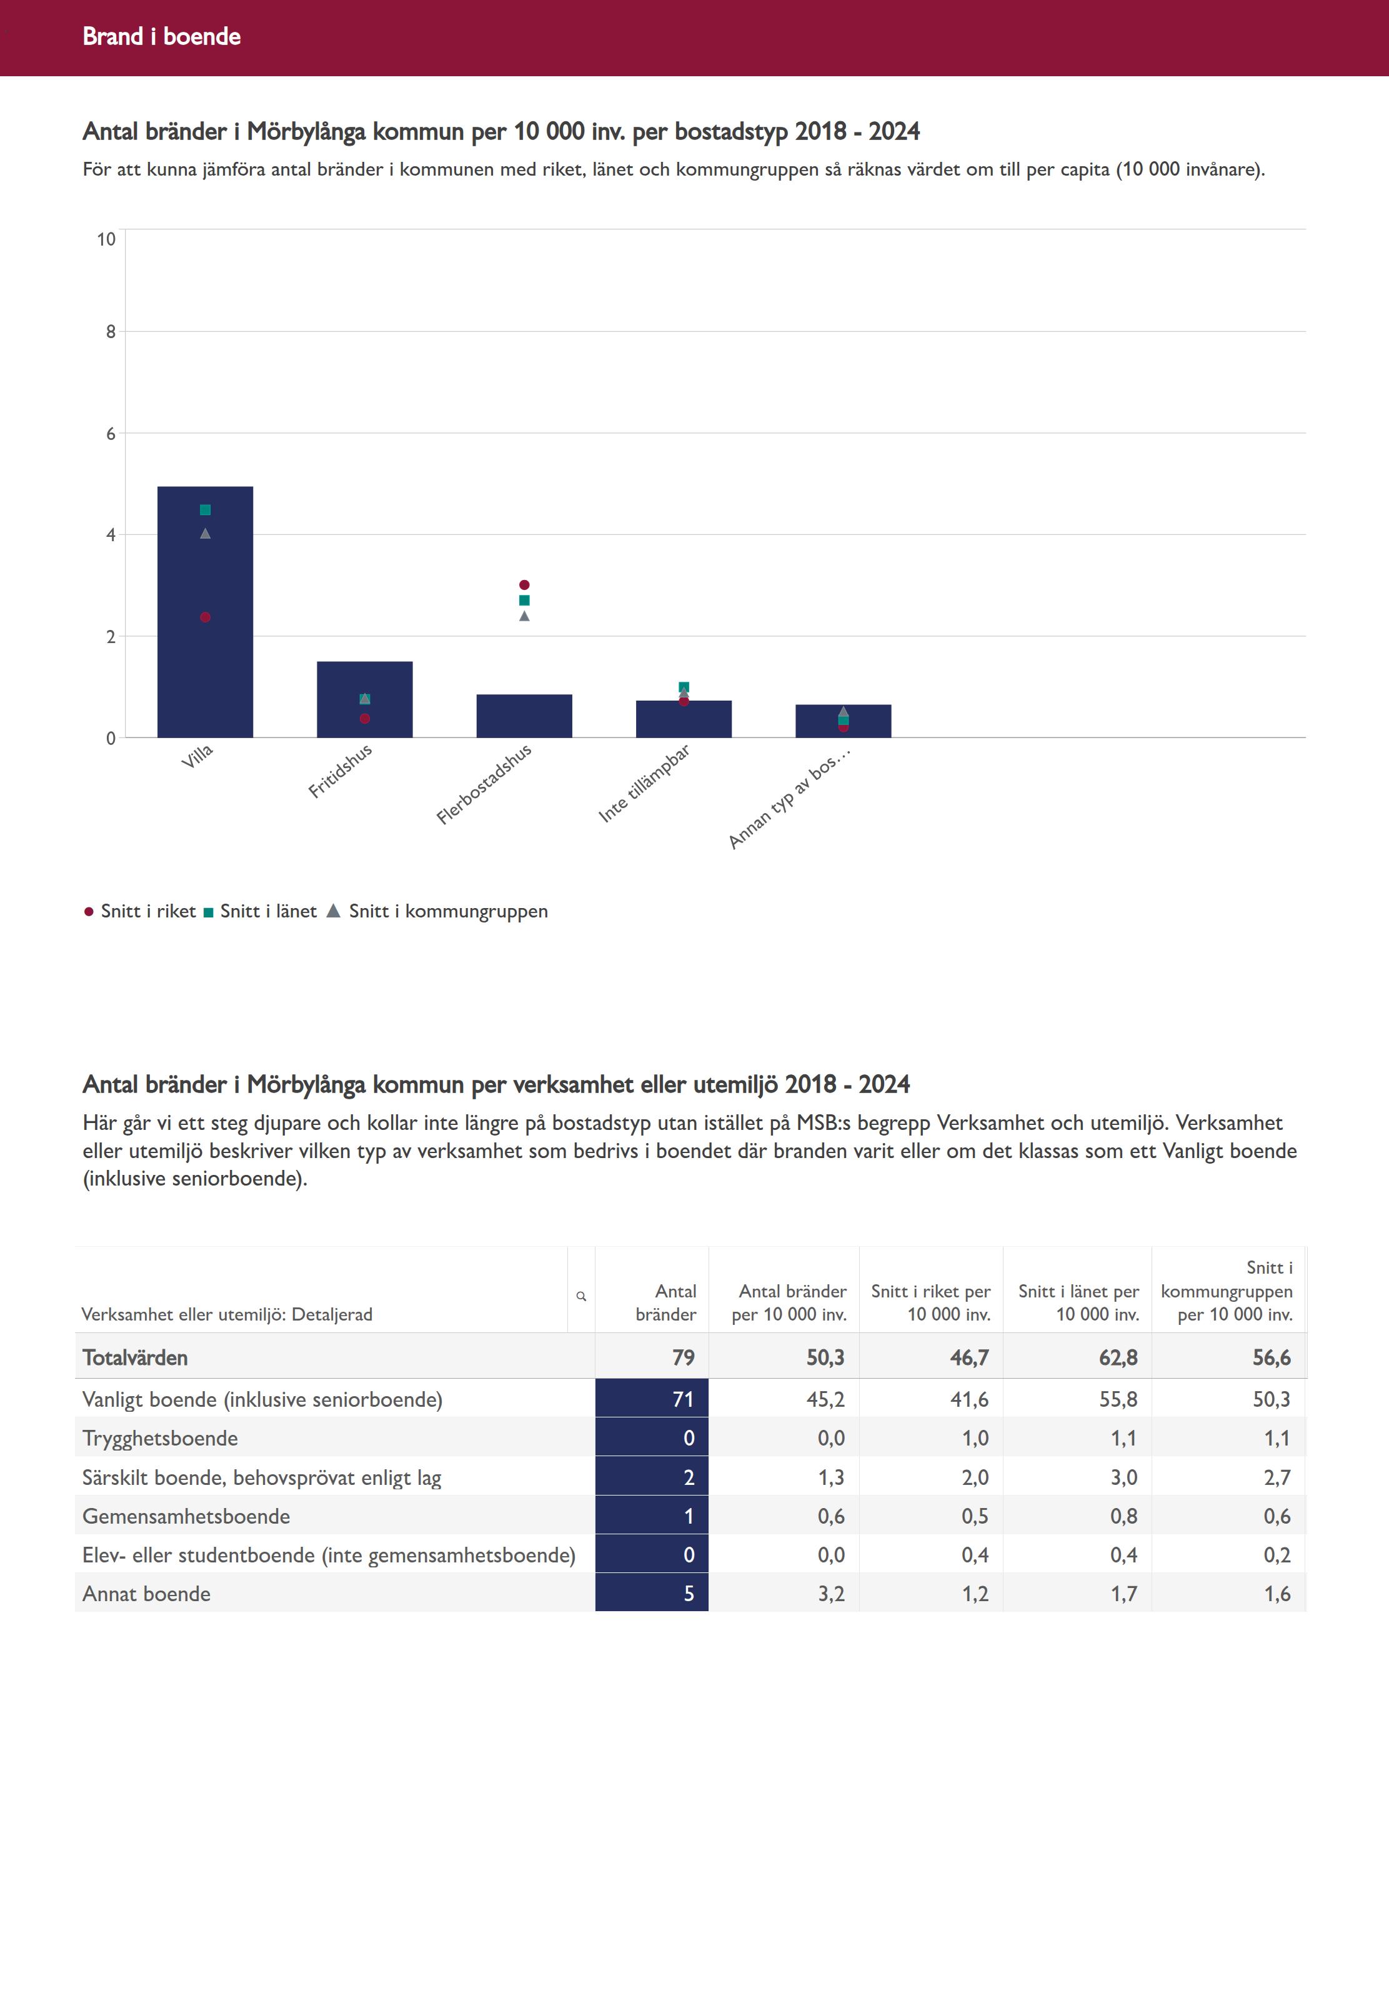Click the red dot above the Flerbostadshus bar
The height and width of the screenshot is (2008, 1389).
[x=524, y=585]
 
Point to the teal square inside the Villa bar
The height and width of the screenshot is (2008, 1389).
[x=206, y=510]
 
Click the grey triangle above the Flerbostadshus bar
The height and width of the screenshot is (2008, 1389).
[x=524, y=616]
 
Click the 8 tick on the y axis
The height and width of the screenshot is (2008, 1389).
[x=111, y=332]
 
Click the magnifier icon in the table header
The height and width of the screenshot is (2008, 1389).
[x=581, y=1297]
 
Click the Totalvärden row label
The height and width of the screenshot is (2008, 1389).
[x=135, y=1358]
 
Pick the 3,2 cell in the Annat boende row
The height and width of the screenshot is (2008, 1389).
[x=830, y=1594]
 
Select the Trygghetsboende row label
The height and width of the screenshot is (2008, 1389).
[x=160, y=1438]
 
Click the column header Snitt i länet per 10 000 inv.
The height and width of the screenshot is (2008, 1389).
[x=1078, y=1303]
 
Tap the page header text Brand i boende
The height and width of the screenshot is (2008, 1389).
[x=162, y=36]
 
